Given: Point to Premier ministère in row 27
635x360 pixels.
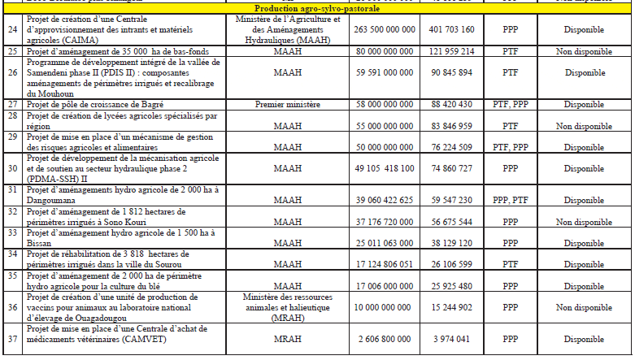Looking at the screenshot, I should click(x=276, y=104).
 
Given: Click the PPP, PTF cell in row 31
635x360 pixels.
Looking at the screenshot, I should click(x=510, y=199).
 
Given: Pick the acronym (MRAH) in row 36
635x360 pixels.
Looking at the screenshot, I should click(x=276, y=319).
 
